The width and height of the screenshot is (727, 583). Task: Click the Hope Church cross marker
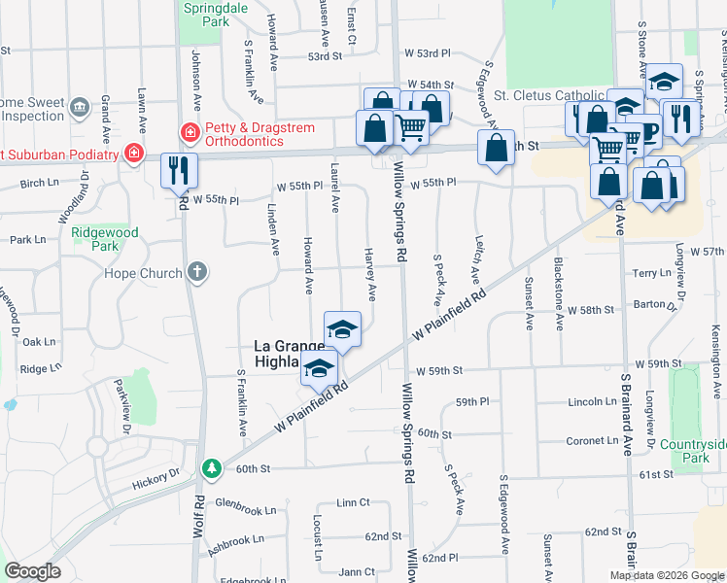point(197,272)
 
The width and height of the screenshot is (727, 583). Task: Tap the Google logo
point(33,571)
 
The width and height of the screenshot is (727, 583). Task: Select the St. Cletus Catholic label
point(549,95)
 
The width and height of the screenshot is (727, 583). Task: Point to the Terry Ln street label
point(651,274)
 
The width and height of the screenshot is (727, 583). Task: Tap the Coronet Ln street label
point(592,440)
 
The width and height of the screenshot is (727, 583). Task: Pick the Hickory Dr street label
point(156,476)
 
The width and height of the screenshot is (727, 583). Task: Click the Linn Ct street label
point(354,502)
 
